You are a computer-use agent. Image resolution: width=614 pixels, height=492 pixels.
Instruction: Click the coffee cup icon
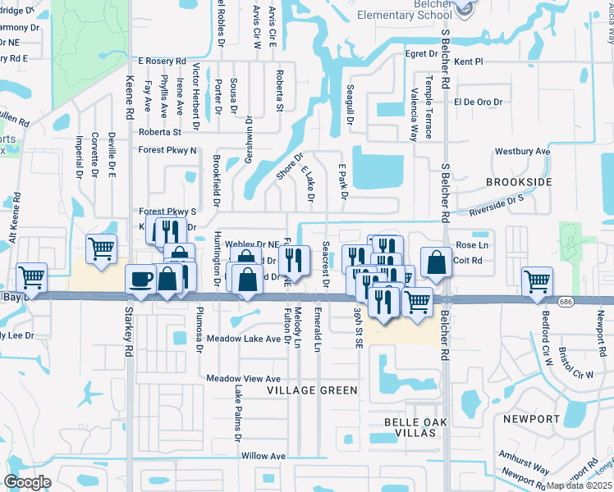(x=140, y=279)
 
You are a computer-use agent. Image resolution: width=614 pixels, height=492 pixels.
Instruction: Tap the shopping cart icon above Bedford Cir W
(x=537, y=280)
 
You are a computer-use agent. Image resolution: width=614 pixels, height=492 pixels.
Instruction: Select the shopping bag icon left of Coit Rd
(x=437, y=262)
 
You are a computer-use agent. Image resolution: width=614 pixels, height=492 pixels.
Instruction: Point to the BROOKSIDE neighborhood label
(x=519, y=182)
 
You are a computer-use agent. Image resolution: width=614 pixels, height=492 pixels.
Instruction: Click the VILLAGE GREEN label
(x=313, y=390)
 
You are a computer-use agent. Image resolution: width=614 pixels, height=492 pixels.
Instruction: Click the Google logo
(x=27, y=481)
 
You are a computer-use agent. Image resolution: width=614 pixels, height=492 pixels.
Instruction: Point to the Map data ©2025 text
(x=580, y=485)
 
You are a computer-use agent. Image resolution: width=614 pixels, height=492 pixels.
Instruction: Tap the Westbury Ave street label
(x=521, y=152)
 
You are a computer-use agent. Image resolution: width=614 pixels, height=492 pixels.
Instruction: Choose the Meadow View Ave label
(x=243, y=378)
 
